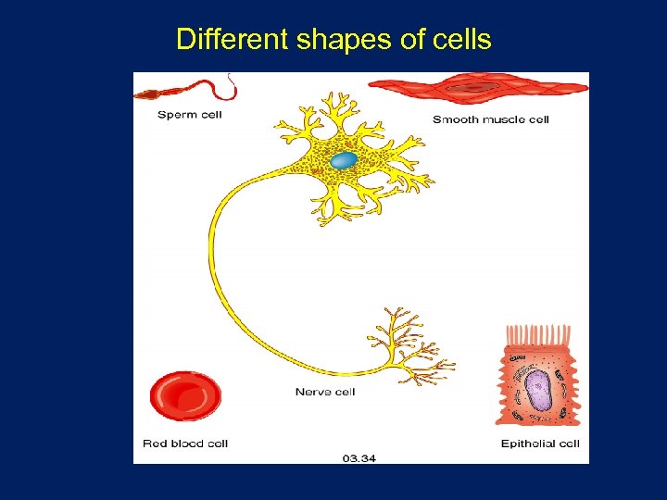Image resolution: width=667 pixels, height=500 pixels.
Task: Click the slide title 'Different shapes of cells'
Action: tap(333, 40)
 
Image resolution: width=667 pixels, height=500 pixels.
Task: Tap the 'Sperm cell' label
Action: tap(190, 115)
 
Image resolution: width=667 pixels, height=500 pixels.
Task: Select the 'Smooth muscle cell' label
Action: tap(490, 119)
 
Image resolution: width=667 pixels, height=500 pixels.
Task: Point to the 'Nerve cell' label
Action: tap(325, 392)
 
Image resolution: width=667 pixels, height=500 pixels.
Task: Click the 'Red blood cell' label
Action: tap(185, 444)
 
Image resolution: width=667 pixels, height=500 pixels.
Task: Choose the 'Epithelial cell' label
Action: tap(540, 444)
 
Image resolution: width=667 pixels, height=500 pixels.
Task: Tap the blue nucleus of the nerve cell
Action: tap(344, 160)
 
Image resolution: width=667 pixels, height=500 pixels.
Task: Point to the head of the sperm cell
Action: tap(148, 94)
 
